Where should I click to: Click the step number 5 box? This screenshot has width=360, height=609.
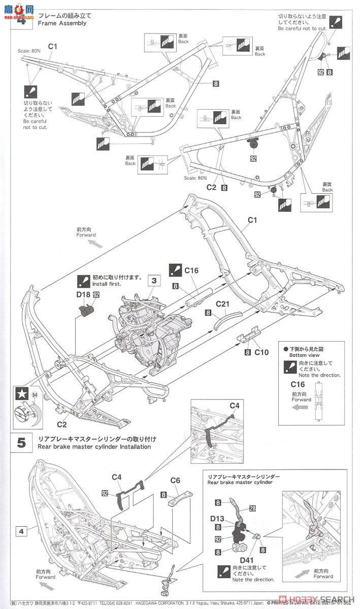click(x=21, y=442)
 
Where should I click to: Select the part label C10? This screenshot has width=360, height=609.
click(x=261, y=352)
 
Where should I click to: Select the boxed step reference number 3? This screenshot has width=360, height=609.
click(x=152, y=280)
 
